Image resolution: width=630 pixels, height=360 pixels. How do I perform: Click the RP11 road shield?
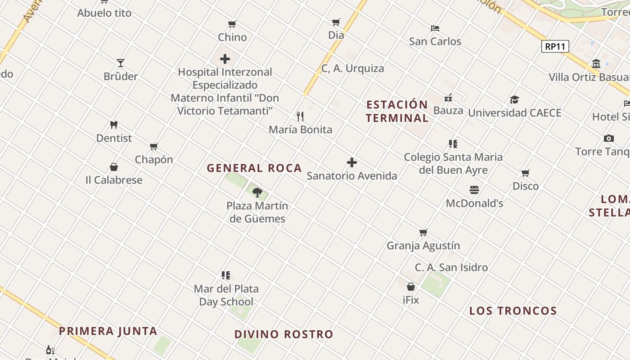pos(555,46)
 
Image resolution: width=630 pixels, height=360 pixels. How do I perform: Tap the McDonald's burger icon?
pos(474,190)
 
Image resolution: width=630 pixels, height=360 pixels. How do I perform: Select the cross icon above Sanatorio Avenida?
pos(352,162)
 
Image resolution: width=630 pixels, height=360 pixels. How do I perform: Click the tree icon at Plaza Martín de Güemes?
pos(257,193)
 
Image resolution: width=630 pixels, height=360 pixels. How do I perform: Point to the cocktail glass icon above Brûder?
pos(120,63)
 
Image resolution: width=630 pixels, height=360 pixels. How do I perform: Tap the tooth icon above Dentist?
pos(114,125)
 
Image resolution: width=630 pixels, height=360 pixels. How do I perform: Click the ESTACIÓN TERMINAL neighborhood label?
pos(397,111)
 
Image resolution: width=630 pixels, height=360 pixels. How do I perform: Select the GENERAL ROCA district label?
pos(254,168)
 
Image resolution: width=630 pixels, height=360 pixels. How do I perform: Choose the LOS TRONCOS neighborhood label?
pos(513,311)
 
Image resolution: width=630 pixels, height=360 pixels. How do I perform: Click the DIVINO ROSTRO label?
pos(283,334)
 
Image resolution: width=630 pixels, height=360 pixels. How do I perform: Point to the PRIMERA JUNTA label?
pos(108,331)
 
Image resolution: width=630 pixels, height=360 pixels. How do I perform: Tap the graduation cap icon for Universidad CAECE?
pos(514,99)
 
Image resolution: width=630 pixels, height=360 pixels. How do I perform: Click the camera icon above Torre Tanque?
pos(608,138)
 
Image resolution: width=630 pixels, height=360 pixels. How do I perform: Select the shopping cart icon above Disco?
pos(525,173)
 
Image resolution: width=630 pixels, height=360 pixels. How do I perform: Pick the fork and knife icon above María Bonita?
pos(300,117)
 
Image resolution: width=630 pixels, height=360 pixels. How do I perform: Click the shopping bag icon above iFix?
pos(410,286)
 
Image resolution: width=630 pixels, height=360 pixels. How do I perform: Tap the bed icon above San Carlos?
pos(435,28)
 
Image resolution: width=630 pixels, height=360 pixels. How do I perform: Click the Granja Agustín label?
pos(423,246)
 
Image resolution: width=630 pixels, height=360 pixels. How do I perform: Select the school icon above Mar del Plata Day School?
pos(226,275)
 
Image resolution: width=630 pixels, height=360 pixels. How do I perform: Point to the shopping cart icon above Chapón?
pos(153,146)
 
